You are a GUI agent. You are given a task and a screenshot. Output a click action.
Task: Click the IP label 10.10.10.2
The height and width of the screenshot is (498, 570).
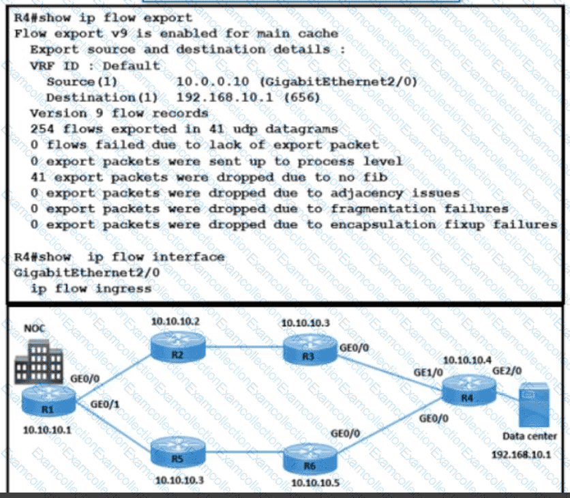tap(175, 321)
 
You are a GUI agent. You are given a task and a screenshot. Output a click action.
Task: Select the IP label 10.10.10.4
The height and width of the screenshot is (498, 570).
tap(467, 360)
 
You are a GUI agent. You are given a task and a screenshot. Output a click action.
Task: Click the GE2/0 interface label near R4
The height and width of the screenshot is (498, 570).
tap(507, 371)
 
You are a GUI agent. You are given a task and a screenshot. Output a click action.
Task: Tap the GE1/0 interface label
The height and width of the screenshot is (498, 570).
tap(428, 373)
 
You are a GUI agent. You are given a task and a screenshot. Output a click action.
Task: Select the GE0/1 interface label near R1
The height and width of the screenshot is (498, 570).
tap(105, 405)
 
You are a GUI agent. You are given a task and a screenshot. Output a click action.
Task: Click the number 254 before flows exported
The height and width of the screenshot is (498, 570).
tap(42, 129)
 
